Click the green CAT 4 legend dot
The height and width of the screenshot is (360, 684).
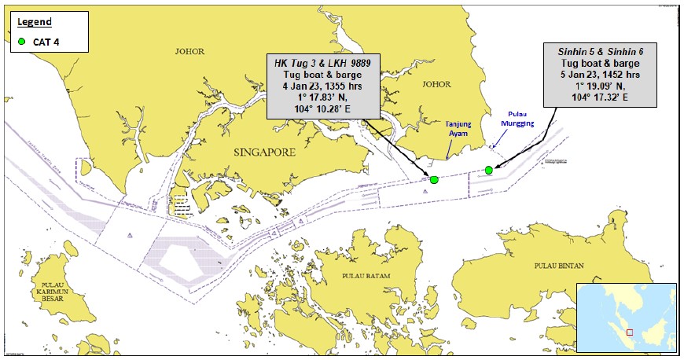[x=22, y=41]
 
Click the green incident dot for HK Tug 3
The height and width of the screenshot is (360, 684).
[x=434, y=180]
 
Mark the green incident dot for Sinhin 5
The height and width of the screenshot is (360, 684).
[x=489, y=170]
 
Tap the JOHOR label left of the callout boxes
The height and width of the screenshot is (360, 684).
[x=193, y=53]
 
